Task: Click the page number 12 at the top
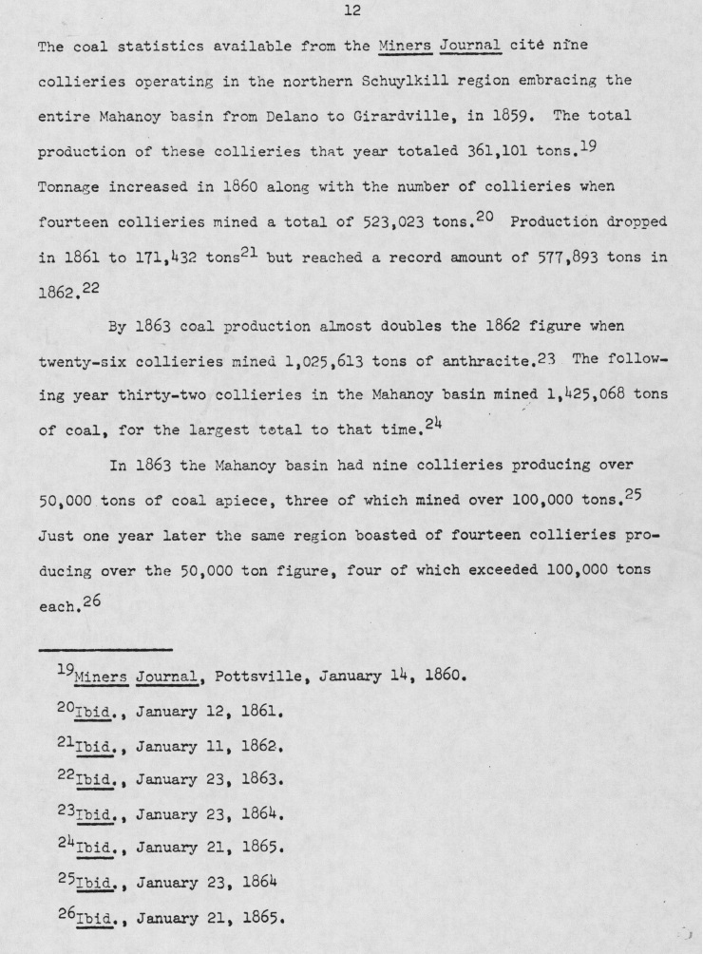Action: pos(351,11)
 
